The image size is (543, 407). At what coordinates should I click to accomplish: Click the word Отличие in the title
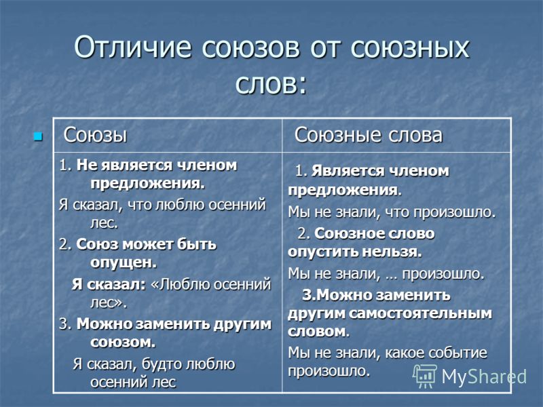pos(132,47)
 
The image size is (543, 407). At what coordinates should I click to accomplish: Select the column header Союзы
pos(95,134)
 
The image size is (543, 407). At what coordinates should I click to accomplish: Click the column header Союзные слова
pos(369,134)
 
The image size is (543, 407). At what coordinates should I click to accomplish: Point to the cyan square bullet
pos(38,136)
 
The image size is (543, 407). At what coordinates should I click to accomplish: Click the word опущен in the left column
pos(124,263)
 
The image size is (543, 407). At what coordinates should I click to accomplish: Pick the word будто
pos(162,364)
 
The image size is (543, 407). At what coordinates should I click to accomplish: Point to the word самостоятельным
pos(420,313)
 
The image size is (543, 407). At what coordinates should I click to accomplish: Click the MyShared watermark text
pos(484,376)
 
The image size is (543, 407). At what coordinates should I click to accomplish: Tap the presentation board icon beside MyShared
pos(425,376)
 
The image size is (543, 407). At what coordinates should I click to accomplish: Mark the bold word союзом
pos(123,343)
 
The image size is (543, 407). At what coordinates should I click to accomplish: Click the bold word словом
pos(318,332)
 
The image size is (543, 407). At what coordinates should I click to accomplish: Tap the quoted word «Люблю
pos(180,284)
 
